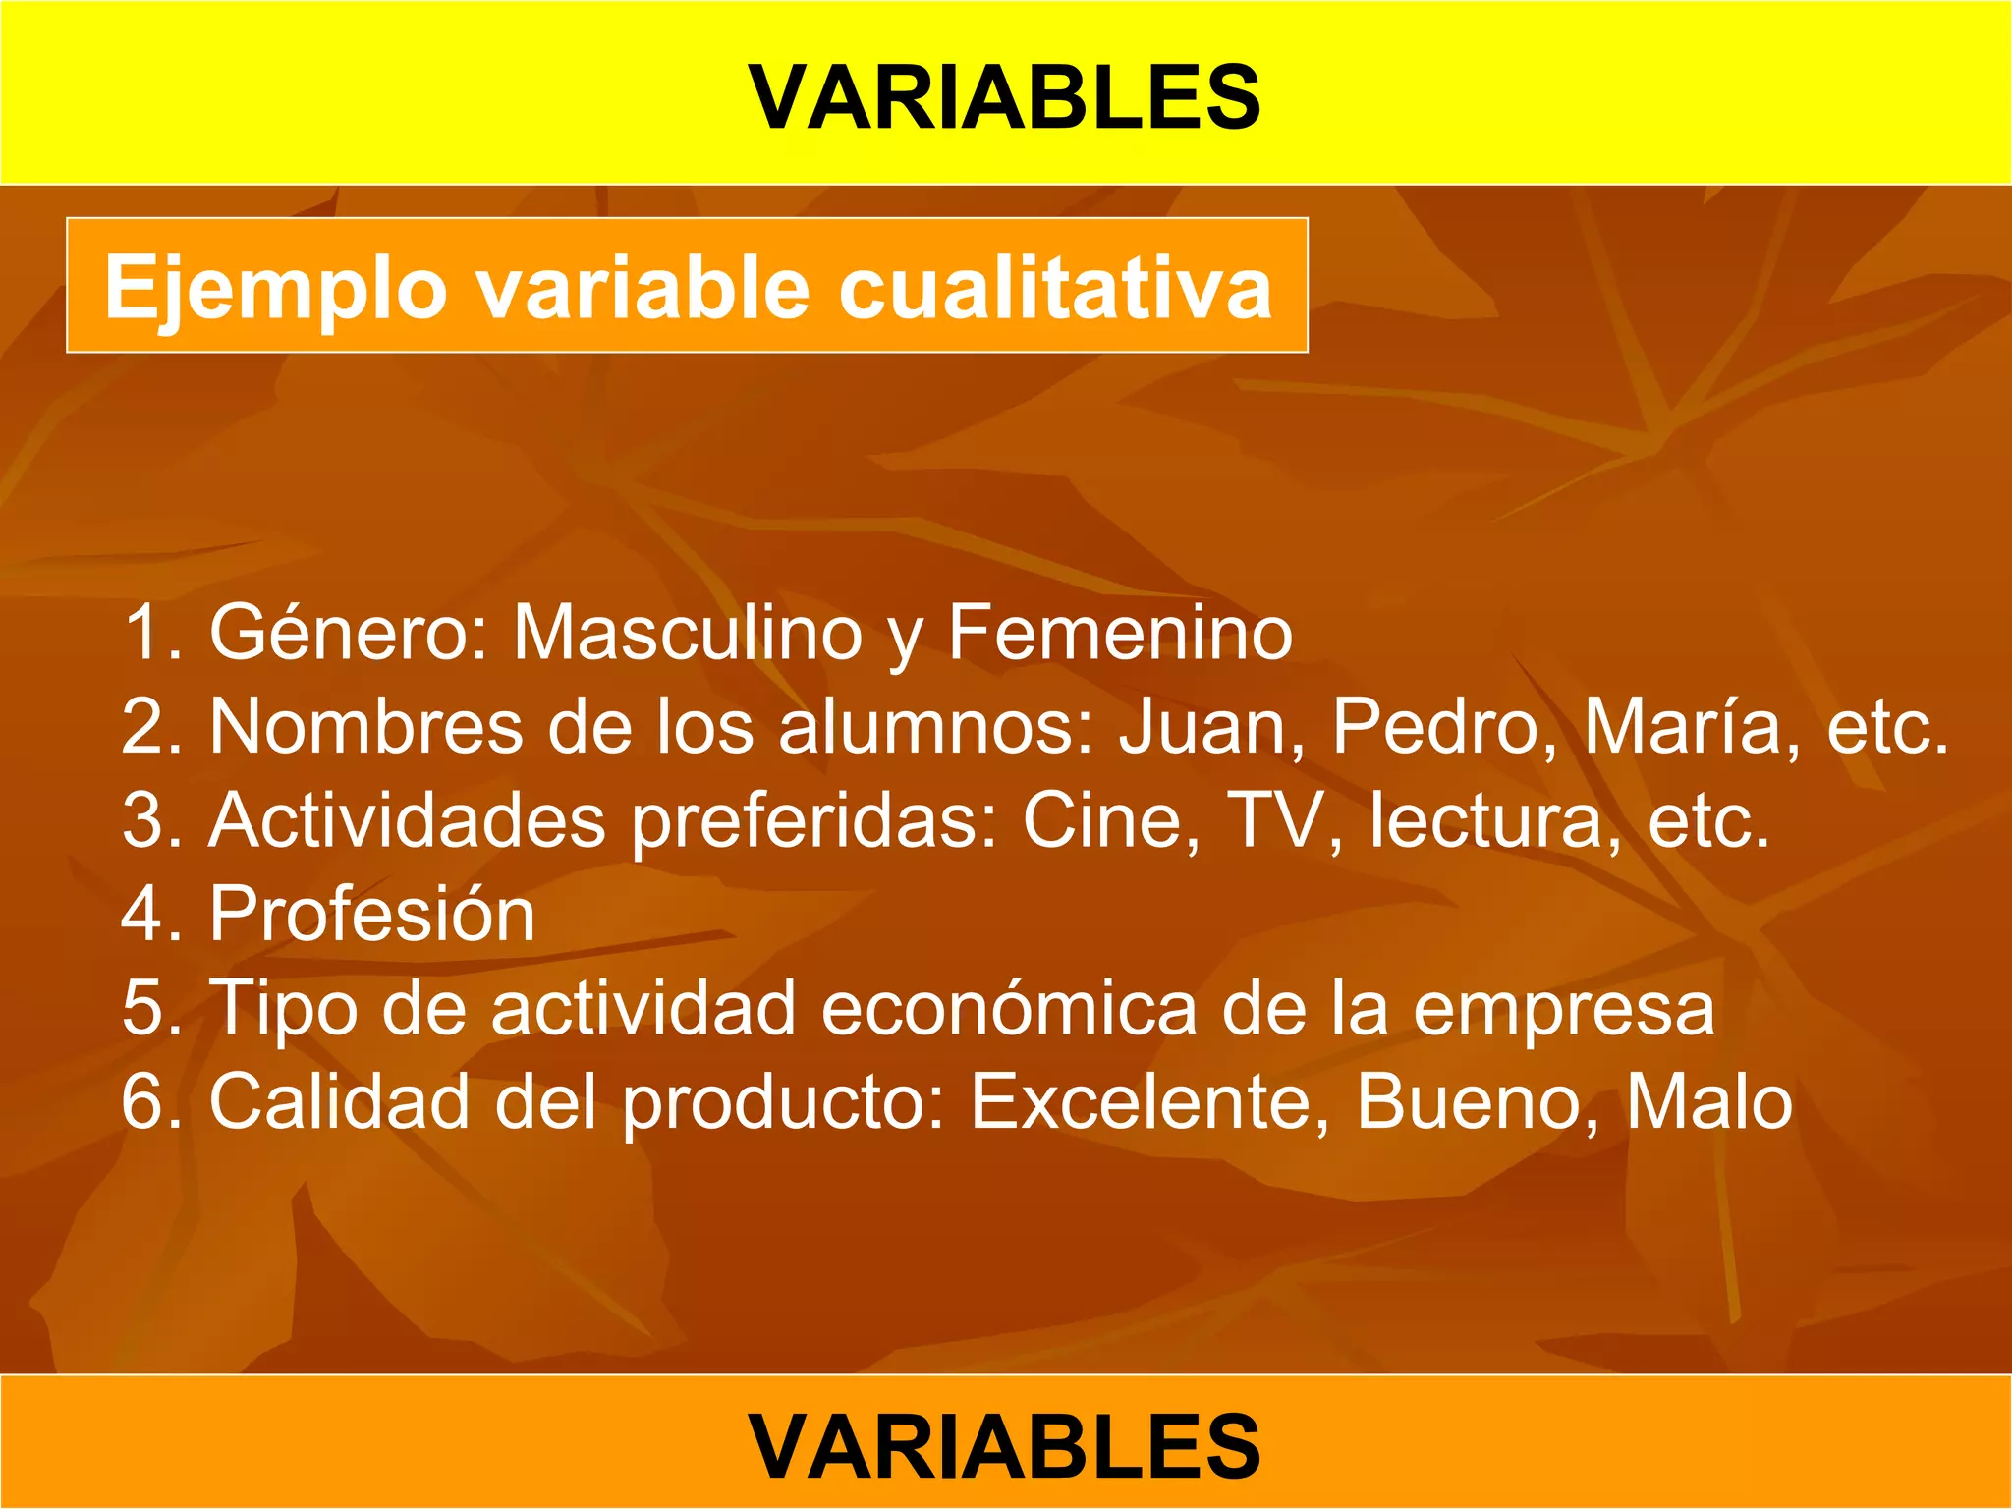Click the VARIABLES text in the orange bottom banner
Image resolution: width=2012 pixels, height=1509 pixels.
[x=1005, y=1445]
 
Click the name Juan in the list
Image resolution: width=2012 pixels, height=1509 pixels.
[x=1212, y=728]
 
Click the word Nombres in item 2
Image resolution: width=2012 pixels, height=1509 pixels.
[x=365, y=728]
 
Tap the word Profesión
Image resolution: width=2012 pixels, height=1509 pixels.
[x=372, y=915]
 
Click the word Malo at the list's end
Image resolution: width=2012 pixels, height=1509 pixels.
[x=1709, y=1102]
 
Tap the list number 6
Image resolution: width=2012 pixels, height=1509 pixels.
[x=142, y=1102]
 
